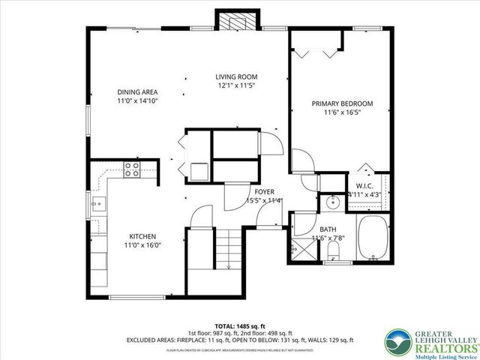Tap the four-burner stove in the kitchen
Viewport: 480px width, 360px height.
[x=132, y=169]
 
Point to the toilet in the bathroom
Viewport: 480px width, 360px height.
[x=334, y=250]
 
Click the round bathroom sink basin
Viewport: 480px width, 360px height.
[x=331, y=202]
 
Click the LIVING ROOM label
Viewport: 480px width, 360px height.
[x=236, y=76]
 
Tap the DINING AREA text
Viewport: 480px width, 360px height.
[x=137, y=92]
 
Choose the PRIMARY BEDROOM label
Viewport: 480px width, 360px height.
[x=342, y=103]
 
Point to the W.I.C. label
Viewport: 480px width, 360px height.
[x=364, y=185]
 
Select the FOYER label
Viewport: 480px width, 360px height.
[x=263, y=191]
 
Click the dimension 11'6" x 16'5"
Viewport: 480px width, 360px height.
[x=342, y=112]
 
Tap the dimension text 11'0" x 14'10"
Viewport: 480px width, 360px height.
[x=137, y=101]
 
